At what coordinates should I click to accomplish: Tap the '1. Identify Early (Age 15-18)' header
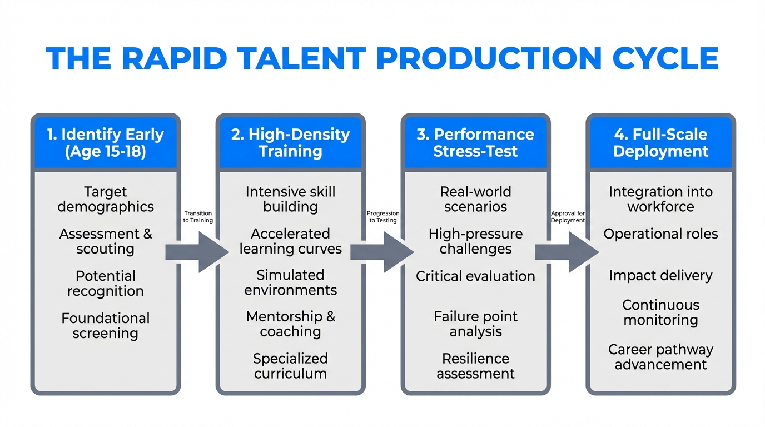[106, 143]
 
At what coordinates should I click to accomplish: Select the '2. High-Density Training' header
[290, 143]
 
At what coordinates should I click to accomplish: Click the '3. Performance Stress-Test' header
[475, 143]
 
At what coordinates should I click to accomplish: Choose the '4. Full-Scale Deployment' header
[660, 143]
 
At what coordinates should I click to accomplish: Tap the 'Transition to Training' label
[198, 217]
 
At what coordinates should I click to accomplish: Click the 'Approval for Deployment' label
[568, 217]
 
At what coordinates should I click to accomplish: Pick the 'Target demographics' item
[106, 199]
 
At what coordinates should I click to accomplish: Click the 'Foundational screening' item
[106, 326]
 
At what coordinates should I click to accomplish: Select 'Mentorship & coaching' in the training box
[290, 324]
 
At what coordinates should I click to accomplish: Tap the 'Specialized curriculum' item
[290, 366]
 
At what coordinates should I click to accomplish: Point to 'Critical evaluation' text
[475, 276]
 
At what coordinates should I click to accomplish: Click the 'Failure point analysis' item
[475, 324]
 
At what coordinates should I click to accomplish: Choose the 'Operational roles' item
[660, 234]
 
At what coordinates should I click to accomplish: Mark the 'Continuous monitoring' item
[660, 312]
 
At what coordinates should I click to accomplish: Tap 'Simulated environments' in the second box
[290, 282]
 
